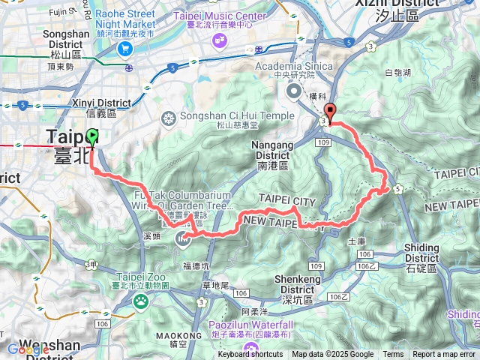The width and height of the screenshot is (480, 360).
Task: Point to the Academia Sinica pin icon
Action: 293,91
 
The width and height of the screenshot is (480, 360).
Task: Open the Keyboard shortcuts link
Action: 250,355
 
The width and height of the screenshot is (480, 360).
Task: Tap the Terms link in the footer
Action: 393,355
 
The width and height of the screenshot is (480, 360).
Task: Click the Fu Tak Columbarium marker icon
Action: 182,239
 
